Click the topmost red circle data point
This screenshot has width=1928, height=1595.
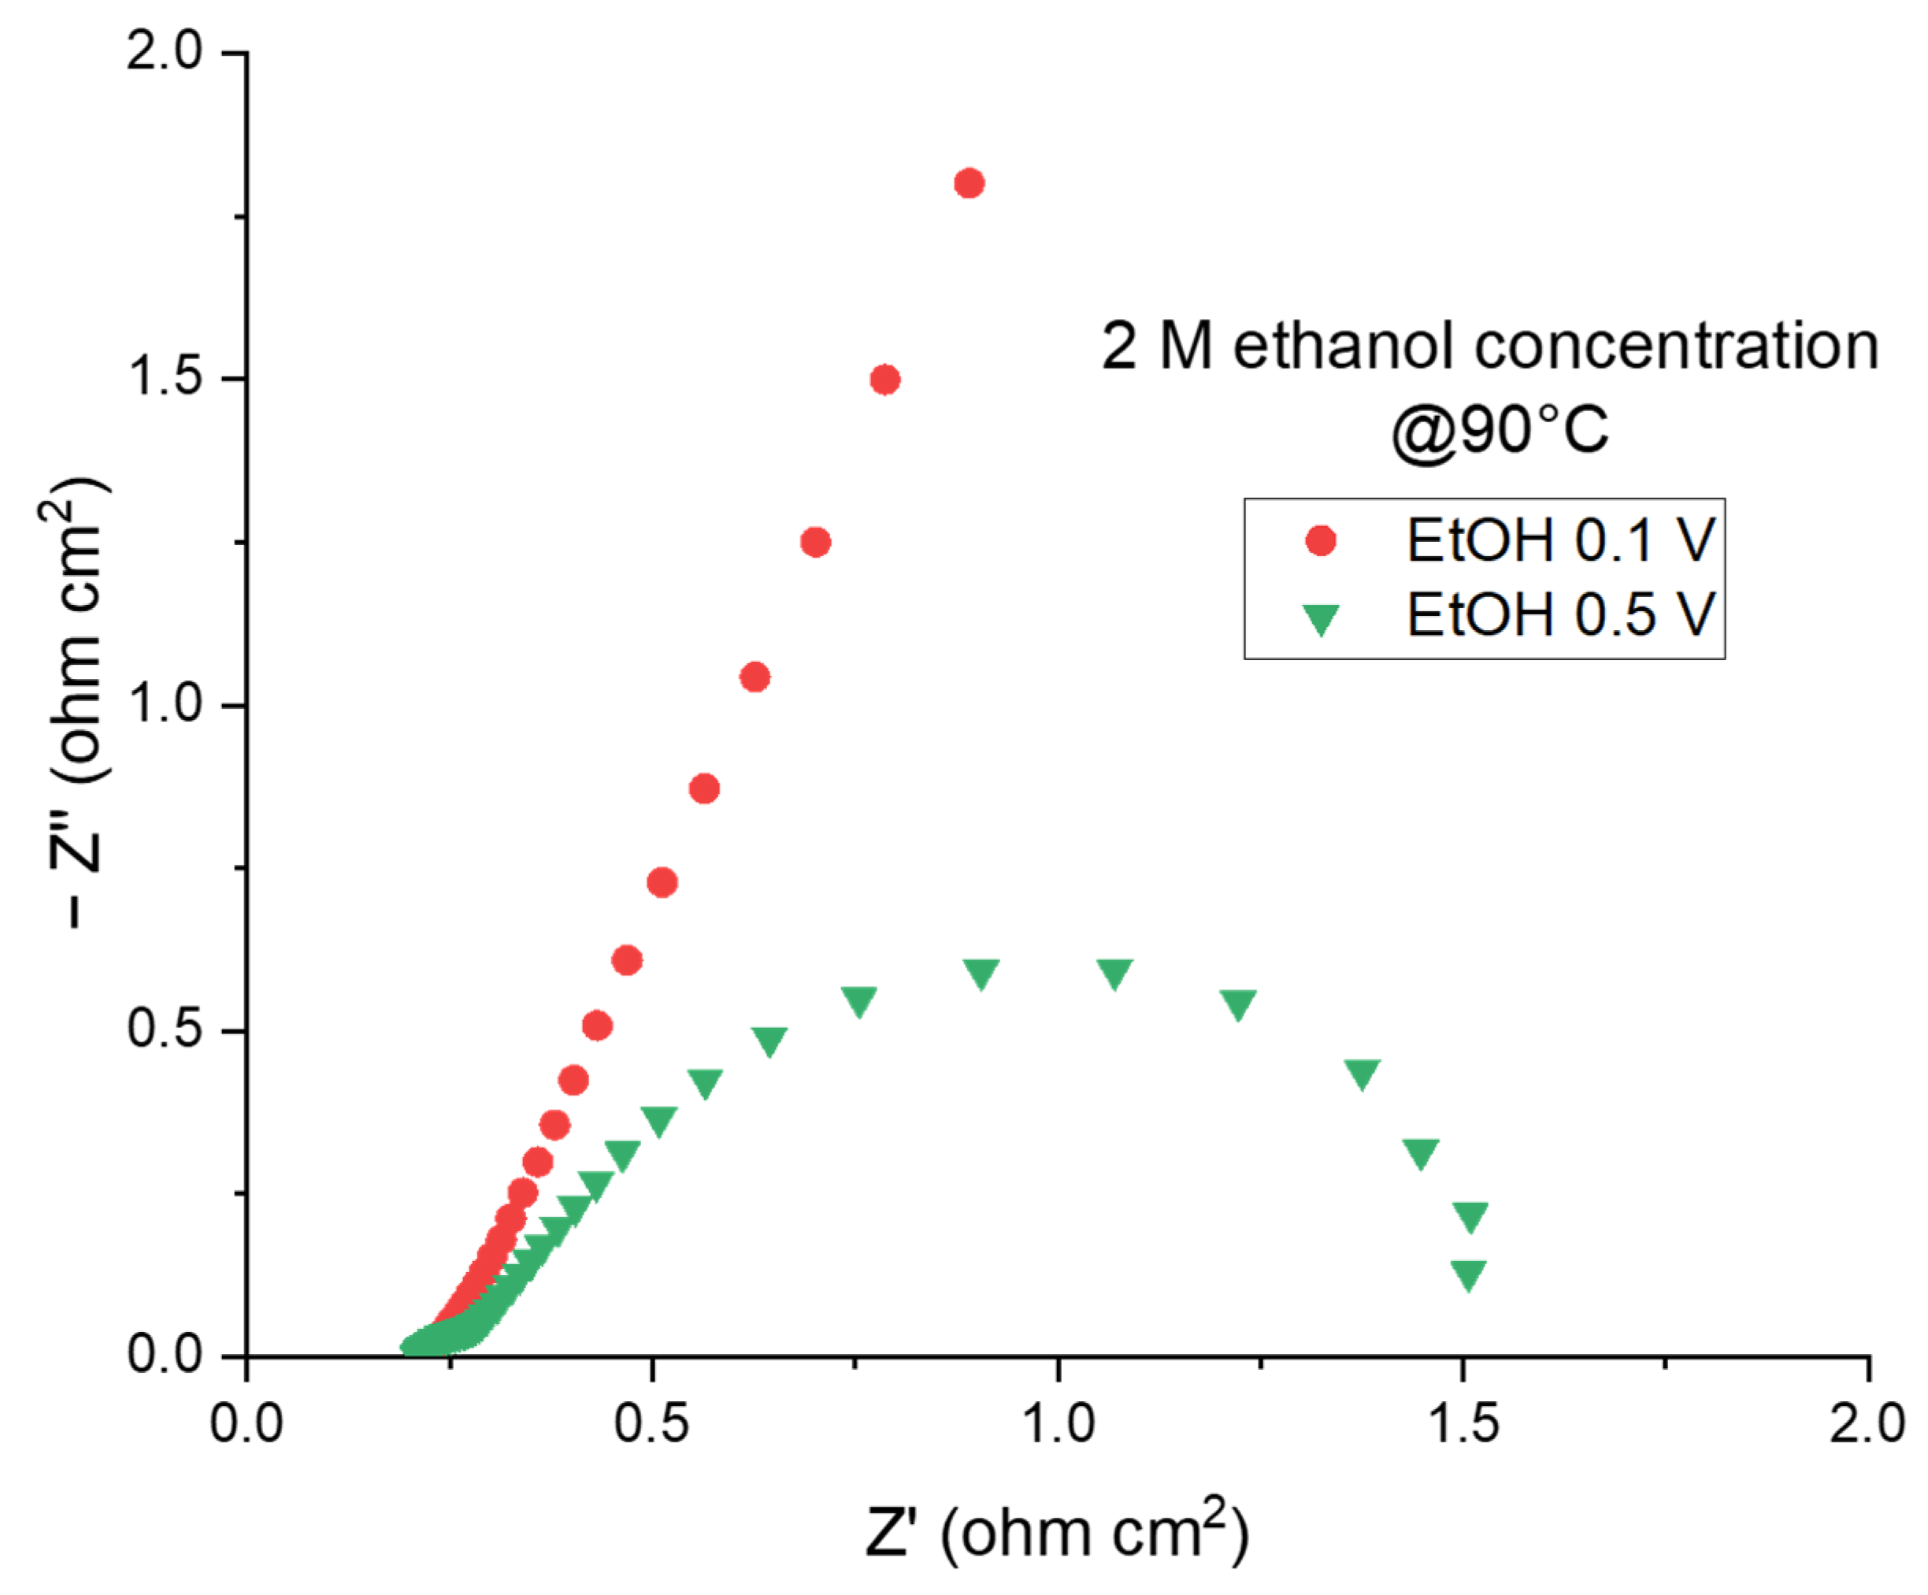969,184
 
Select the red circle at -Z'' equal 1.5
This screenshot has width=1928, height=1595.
885,379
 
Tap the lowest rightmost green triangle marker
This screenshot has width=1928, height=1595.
1468,1274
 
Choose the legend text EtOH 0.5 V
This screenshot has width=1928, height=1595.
1560,614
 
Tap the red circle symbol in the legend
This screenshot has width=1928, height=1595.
1320,541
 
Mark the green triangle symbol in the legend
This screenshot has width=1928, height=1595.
1320,619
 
